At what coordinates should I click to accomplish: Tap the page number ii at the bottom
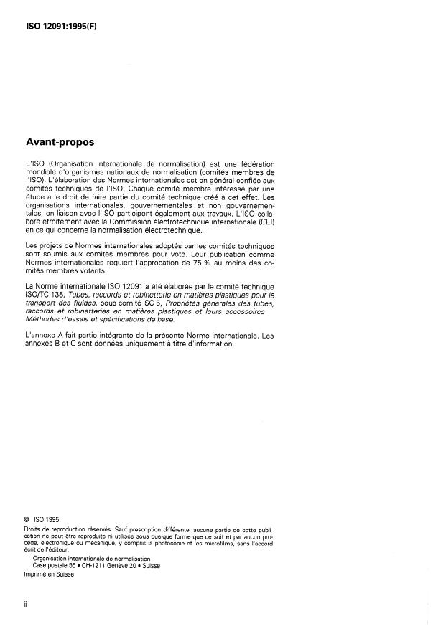[x=26, y=605]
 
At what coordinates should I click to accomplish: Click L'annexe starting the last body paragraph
[x=40, y=336]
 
